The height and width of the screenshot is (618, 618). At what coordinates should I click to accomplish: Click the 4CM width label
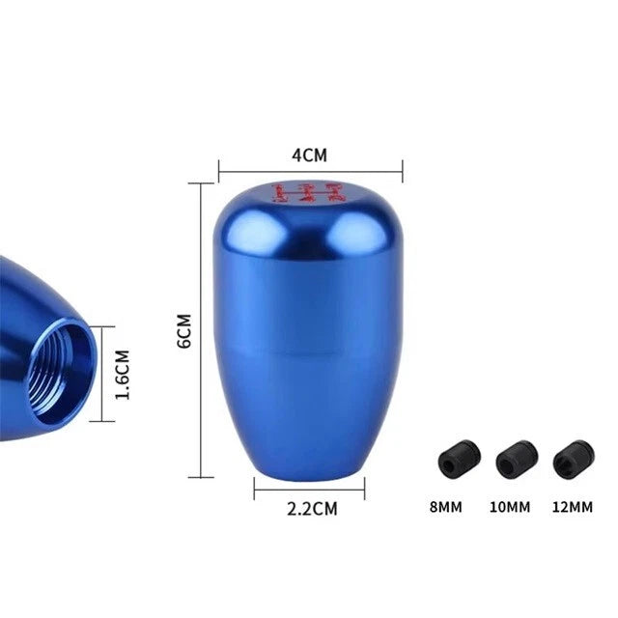pyautogui.click(x=310, y=154)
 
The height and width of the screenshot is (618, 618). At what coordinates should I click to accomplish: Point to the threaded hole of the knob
pyautogui.click(x=64, y=371)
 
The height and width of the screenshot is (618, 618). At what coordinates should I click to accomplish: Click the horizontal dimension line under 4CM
pyautogui.click(x=310, y=172)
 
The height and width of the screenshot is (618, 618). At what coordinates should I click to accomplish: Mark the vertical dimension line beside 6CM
pyautogui.click(x=204, y=329)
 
